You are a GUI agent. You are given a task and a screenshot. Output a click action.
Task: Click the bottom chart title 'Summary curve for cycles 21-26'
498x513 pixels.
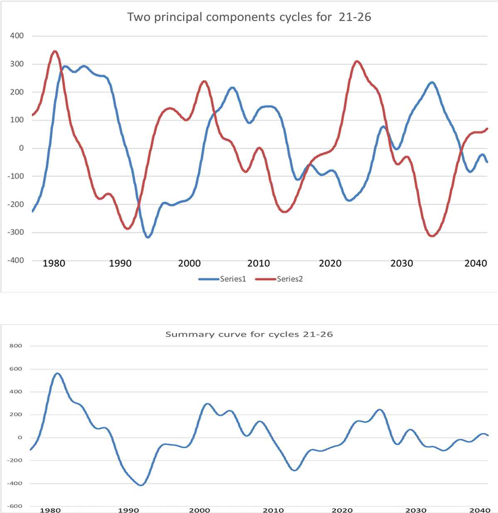(249, 334)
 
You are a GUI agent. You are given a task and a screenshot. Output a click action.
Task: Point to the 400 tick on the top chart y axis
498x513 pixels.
(17, 36)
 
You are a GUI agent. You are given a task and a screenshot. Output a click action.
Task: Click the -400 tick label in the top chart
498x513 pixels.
(16, 260)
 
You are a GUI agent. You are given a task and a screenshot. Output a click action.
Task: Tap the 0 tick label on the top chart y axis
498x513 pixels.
(22, 148)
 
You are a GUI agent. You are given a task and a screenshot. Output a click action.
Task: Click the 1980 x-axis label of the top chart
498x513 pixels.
(54, 263)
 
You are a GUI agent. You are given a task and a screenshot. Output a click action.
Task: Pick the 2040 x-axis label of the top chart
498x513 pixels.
(476, 263)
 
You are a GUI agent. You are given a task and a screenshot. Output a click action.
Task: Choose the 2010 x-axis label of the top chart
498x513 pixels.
(259, 263)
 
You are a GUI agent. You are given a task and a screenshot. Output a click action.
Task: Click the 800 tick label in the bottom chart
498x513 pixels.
(16, 345)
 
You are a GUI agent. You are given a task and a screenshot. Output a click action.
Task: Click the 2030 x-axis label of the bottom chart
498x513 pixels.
(416, 510)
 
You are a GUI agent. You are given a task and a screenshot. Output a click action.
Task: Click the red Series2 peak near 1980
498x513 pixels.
(55, 51)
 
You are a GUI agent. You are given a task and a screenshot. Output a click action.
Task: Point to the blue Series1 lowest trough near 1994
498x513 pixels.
(148, 237)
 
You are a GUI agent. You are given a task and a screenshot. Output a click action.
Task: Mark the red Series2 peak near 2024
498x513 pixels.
(357, 61)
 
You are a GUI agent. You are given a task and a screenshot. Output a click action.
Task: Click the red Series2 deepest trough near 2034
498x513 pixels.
(432, 236)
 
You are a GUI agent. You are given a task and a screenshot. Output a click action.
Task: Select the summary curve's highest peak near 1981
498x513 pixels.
(57, 374)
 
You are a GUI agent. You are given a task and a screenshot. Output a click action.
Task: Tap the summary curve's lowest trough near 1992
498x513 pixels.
(141, 485)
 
